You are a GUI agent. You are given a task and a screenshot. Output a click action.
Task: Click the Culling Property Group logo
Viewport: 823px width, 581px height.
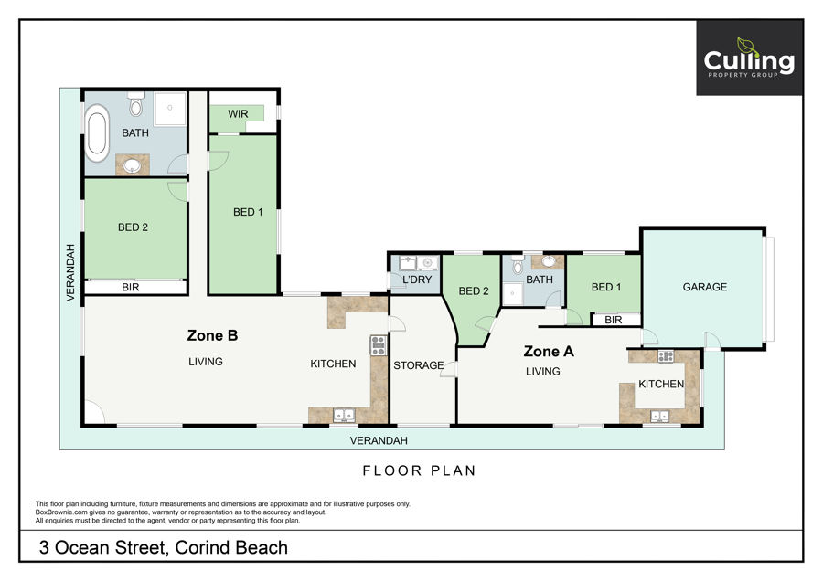click(x=749, y=58)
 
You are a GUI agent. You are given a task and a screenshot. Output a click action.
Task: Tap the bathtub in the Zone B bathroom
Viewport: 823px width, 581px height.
click(x=97, y=133)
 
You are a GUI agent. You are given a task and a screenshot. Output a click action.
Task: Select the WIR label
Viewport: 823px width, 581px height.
click(x=238, y=114)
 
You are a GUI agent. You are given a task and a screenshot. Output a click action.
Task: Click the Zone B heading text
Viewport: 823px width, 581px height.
click(x=212, y=335)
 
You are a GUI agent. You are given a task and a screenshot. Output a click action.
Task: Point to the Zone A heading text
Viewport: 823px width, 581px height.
click(x=549, y=352)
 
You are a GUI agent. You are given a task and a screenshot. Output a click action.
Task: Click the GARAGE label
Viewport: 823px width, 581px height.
click(x=704, y=287)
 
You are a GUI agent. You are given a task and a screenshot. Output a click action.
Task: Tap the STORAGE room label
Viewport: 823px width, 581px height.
click(x=418, y=365)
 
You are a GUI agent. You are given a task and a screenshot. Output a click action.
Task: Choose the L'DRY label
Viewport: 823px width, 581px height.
click(x=417, y=280)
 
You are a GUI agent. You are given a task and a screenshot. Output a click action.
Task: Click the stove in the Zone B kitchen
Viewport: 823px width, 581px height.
click(x=378, y=346)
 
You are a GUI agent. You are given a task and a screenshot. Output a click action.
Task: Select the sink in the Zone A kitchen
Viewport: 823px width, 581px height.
click(x=659, y=417)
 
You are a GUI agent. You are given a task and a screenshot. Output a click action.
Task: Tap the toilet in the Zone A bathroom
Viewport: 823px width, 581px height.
click(x=518, y=266)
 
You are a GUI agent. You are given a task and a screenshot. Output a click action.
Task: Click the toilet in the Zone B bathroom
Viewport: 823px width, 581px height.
click(x=136, y=104)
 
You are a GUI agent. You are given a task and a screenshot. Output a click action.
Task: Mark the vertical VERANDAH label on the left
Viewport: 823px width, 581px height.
click(x=70, y=272)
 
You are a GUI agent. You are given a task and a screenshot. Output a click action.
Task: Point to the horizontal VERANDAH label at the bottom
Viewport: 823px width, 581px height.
click(x=379, y=440)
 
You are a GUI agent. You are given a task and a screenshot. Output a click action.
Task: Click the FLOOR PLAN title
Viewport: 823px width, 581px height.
click(x=420, y=470)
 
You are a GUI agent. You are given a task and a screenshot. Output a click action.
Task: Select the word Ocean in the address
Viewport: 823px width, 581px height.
click(x=82, y=547)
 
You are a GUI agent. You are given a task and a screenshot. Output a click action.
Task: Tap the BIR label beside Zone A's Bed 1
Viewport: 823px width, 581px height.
click(x=613, y=320)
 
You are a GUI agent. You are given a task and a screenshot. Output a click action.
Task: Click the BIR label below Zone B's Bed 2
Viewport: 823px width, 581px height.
click(x=130, y=288)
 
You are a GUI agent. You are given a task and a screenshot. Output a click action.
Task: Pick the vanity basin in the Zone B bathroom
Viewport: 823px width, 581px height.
click(x=133, y=165)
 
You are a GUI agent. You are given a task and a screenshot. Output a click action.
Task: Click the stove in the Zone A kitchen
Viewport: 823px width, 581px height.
click(x=666, y=356)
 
